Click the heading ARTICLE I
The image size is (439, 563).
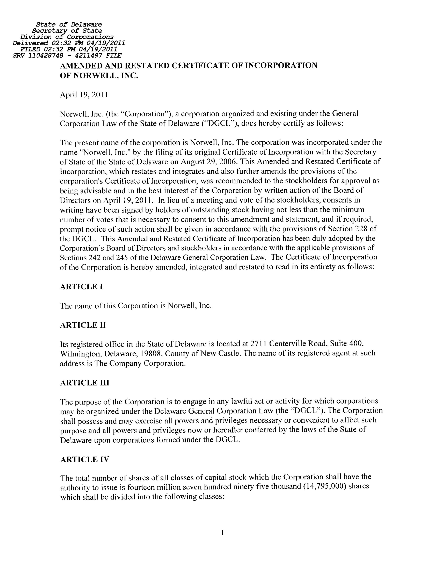click(81, 287)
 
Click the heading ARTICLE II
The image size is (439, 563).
click(83, 325)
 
